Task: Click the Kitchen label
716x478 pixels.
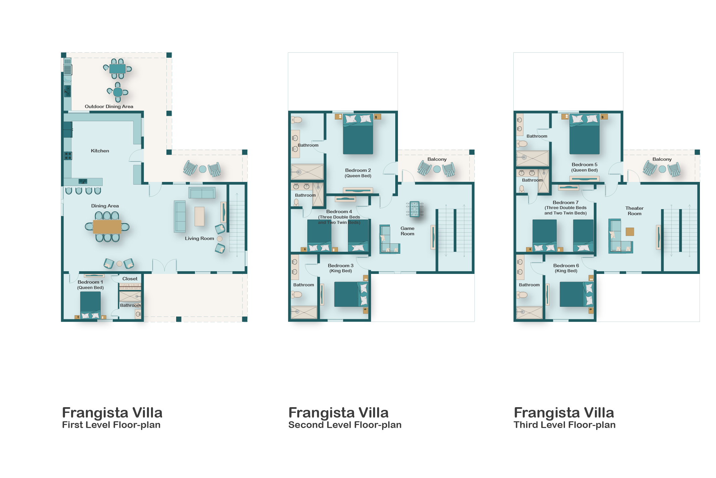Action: (100, 151)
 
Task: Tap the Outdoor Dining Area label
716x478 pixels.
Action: (109, 106)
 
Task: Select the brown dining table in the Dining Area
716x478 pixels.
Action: (107, 227)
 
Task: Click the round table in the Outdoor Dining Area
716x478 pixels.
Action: (118, 92)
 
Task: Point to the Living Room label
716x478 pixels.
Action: (199, 238)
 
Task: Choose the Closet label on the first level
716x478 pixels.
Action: (130, 279)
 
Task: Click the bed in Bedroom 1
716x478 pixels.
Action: (90, 305)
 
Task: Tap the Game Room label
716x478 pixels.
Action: (407, 231)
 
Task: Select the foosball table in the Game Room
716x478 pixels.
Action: (415, 209)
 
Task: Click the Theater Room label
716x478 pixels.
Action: (634, 211)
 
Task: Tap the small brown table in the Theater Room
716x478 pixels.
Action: (630, 232)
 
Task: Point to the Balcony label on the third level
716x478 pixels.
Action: (662, 159)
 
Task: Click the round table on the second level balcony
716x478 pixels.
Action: (437, 169)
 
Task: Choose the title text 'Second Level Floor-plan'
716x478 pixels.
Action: (345, 425)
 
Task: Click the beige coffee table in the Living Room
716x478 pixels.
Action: (199, 216)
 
